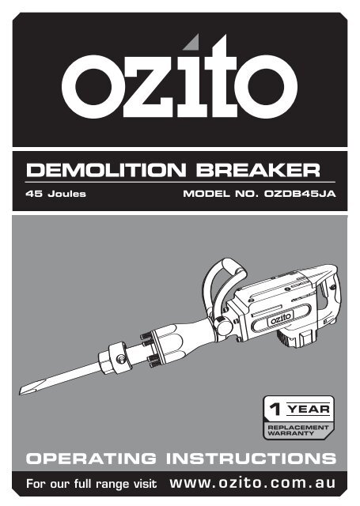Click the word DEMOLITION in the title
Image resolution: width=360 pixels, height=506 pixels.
[x=106, y=170]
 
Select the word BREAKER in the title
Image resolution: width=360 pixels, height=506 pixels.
[x=258, y=170]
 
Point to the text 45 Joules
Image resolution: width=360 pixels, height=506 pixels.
[x=56, y=194]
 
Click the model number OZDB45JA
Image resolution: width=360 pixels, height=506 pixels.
[x=300, y=194]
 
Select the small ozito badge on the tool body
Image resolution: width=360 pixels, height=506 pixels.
[x=280, y=319]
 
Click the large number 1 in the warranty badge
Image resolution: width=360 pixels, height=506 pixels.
[x=275, y=410]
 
